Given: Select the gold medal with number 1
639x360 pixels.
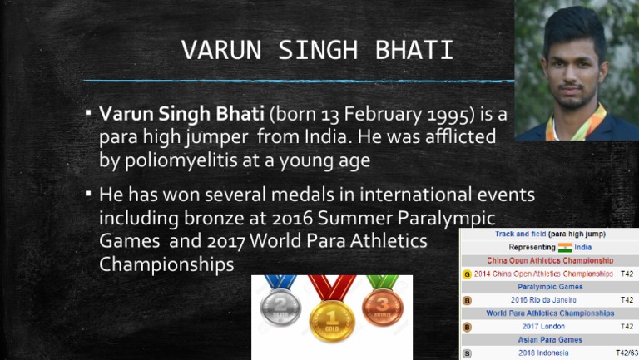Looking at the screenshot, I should pyautogui.click(x=332, y=320).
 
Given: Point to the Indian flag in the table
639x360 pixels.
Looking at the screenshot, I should pyautogui.click(x=565, y=247).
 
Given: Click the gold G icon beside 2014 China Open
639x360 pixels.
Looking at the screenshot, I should pyautogui.click(x=467, y=274).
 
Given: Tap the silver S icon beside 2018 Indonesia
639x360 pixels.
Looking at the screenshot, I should pyautogui.click(x=467, y=353).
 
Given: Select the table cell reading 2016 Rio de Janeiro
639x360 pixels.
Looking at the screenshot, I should pyautogui.click(x=542, y=300).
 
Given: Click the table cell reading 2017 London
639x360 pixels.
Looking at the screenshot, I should pyautogui.click(x=542, y=327).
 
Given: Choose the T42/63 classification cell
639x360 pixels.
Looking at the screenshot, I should pyautogui.click(x=625, y=353).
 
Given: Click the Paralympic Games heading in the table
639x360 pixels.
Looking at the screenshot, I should pyautogui.click(x=542, y=287).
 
